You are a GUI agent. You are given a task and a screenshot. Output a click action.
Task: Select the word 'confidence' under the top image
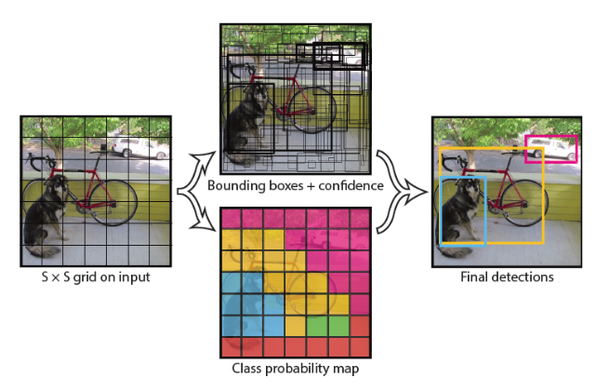[x=350, y=186]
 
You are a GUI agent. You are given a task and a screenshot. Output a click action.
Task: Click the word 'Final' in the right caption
[x=477, y=277]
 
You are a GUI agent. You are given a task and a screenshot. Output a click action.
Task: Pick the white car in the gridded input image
[x=132, y=145]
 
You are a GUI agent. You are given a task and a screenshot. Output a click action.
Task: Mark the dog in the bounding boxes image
[x=246, y=116]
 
